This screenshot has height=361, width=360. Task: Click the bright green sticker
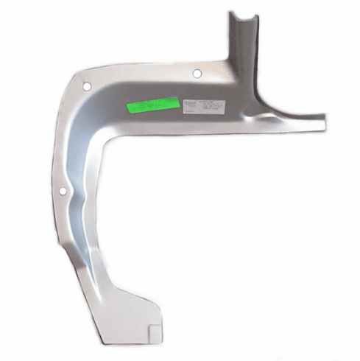(x=153, y=105)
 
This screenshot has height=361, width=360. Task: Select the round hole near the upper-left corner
(x=87, y=86)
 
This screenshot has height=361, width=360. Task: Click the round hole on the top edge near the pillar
(x=197, y=74)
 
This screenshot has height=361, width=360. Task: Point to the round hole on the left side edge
(x=63, y=192)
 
